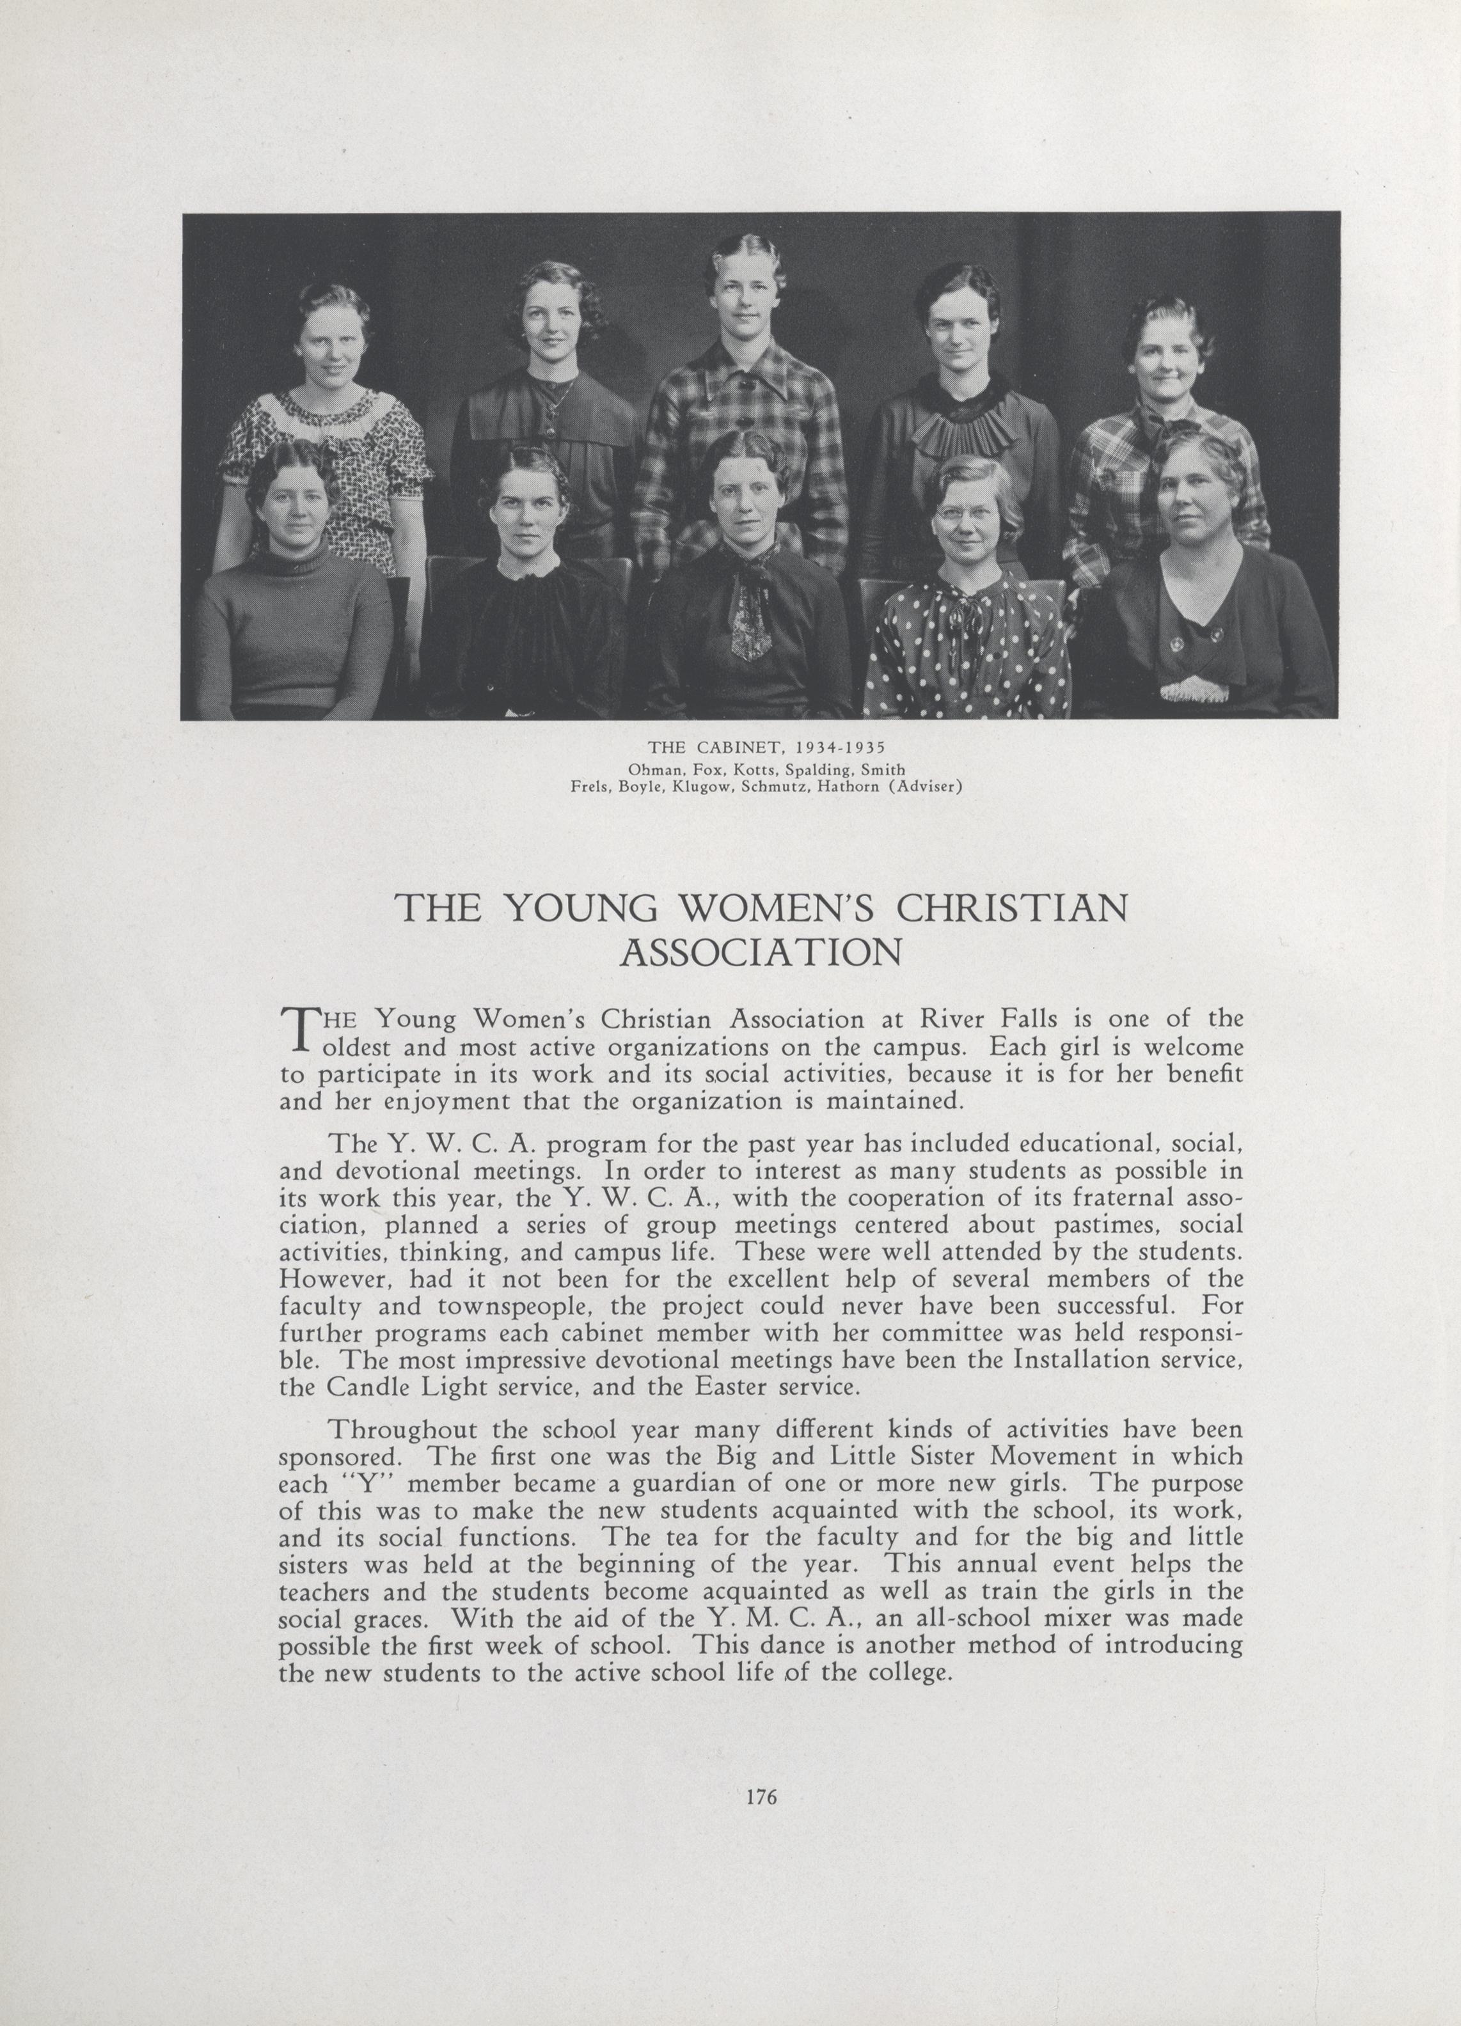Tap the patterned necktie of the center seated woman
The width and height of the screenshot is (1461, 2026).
point(749,625)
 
